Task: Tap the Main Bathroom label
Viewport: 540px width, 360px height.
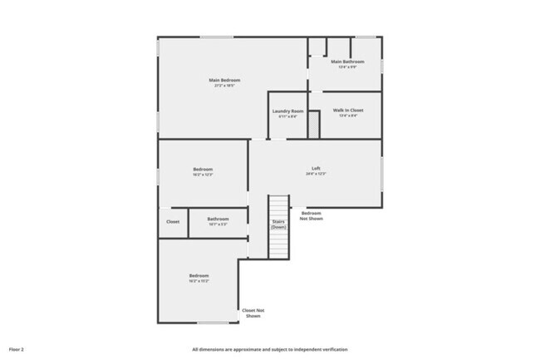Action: click(x=348, y=62)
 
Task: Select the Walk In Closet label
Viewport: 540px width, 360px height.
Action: click(x=348, y=110)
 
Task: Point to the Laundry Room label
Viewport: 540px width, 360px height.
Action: click(x=287, y=111)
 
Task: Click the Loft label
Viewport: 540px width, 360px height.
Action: click(x=316, y=168)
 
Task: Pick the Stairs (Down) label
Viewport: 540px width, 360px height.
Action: click(x=278, y=224)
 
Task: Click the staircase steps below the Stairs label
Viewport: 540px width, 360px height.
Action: click(x=278, y=245)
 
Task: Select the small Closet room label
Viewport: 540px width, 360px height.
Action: click(x=173, y=222)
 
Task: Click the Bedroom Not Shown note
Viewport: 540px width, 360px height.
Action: click(x=312, y=216)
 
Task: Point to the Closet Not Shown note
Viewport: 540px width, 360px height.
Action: click(x=252, y=313)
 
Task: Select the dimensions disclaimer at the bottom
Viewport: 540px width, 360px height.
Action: click(x=270, y=349)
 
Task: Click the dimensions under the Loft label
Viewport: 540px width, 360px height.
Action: click(x=316, y=174)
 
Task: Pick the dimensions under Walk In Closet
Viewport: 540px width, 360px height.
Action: click(x=348, y=116)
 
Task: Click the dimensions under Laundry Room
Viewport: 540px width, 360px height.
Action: click(x=287, y=116)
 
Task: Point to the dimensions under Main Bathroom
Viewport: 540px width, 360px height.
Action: click(x=348, y=67)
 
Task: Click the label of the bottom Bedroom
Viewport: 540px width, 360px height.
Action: click(x=199, y=275)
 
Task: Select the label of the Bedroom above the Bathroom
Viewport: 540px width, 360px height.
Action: click(x=203, y=170)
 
